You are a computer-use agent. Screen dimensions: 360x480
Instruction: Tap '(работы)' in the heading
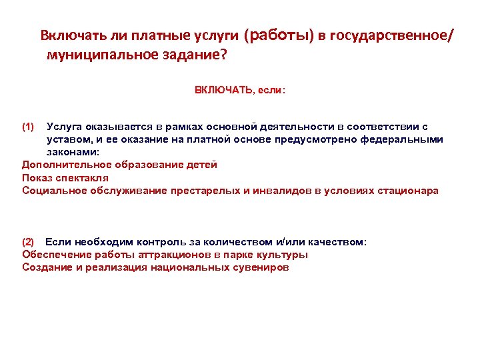tap(279, 35)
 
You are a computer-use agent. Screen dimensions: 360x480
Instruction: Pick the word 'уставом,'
tap(67, 139)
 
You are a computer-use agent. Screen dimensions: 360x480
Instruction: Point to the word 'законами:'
tap(69, 152)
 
